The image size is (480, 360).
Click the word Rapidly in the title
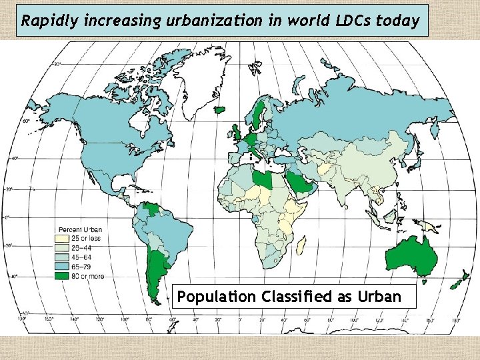(43, 21)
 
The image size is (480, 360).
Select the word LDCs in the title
(351, 21)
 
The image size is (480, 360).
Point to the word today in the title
(398, 21)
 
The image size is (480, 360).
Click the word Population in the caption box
(216, 297)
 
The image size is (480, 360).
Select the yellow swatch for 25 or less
(62, 237)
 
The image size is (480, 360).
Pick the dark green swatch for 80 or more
(62, 275)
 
